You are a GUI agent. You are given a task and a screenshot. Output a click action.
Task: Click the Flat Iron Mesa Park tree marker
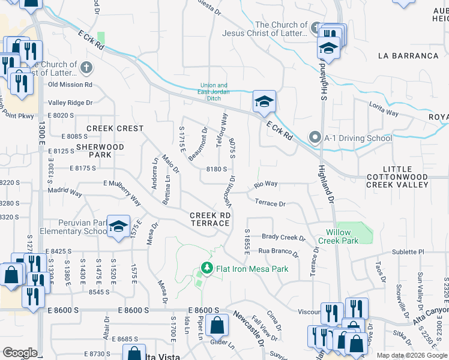click(x=206, y=268)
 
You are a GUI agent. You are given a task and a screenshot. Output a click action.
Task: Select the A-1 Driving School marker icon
click(x=315, y=138)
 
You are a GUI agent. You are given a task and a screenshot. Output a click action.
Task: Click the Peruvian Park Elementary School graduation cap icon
click(x=119, y=225)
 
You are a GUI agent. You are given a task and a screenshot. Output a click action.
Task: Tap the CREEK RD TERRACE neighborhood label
click(x=209, y=219)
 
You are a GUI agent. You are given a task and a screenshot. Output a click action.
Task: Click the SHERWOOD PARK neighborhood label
click(x=100, y=151)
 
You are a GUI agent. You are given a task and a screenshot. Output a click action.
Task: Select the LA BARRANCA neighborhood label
click(x=408, y=56)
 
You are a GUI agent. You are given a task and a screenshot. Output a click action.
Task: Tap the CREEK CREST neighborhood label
click(x=115, y=128)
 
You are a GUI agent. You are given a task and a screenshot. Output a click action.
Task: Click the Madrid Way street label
click(x=64, y=193)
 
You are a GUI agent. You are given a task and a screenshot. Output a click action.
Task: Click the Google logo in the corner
click(x=20, y=353)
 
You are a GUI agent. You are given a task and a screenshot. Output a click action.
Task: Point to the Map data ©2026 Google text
click(x=411, y=355)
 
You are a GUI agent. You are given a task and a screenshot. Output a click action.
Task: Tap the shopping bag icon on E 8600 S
click(x=216, y=326)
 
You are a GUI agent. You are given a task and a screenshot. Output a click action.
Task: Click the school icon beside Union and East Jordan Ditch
click(x=264, y=101)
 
